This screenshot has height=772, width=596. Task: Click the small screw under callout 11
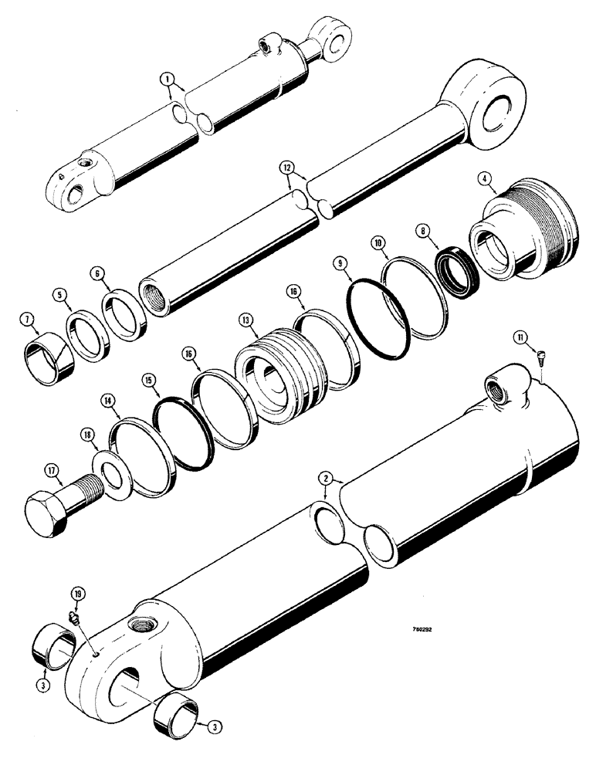point(540,357)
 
